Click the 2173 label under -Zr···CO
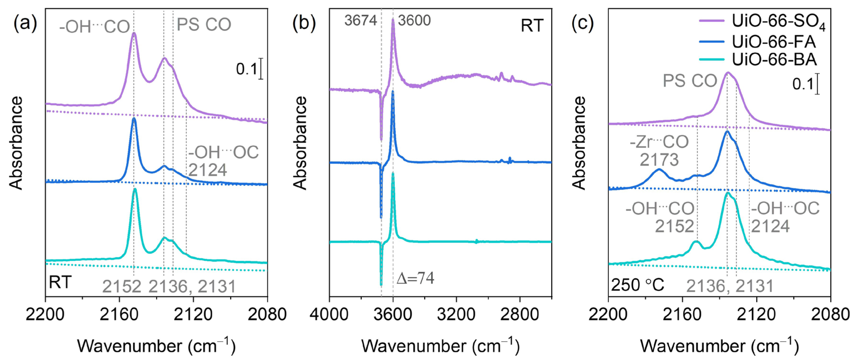[659, 160]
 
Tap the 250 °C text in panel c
[637, 285]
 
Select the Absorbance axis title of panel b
[301, 143]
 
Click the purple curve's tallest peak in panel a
[134, 33]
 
